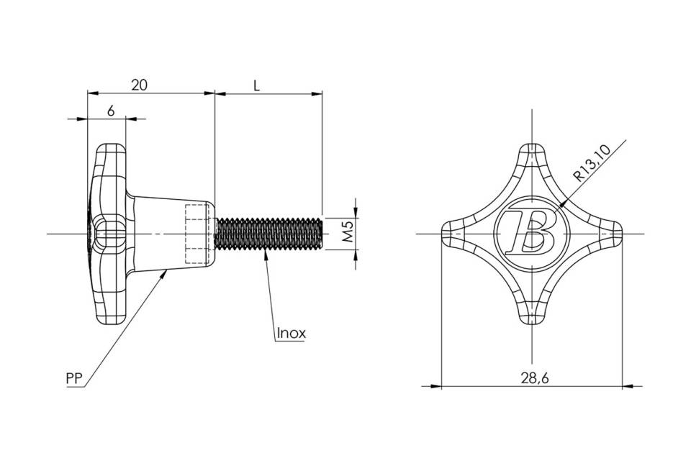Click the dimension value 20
pos(139,85)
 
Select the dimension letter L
pos(256,85)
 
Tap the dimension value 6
pos(111,111)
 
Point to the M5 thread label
pos(348,232)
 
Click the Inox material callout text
pos(292,333)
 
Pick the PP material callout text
pos(74,378)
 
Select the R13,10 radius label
pos(592,163)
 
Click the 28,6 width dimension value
pos(535,377)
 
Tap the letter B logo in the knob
pos(530,229)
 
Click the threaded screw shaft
pos(268,234)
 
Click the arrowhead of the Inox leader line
pos(266,255)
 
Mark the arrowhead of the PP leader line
pos(166,273)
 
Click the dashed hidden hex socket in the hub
pos(197,234)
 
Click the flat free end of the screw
pos(322,234)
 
